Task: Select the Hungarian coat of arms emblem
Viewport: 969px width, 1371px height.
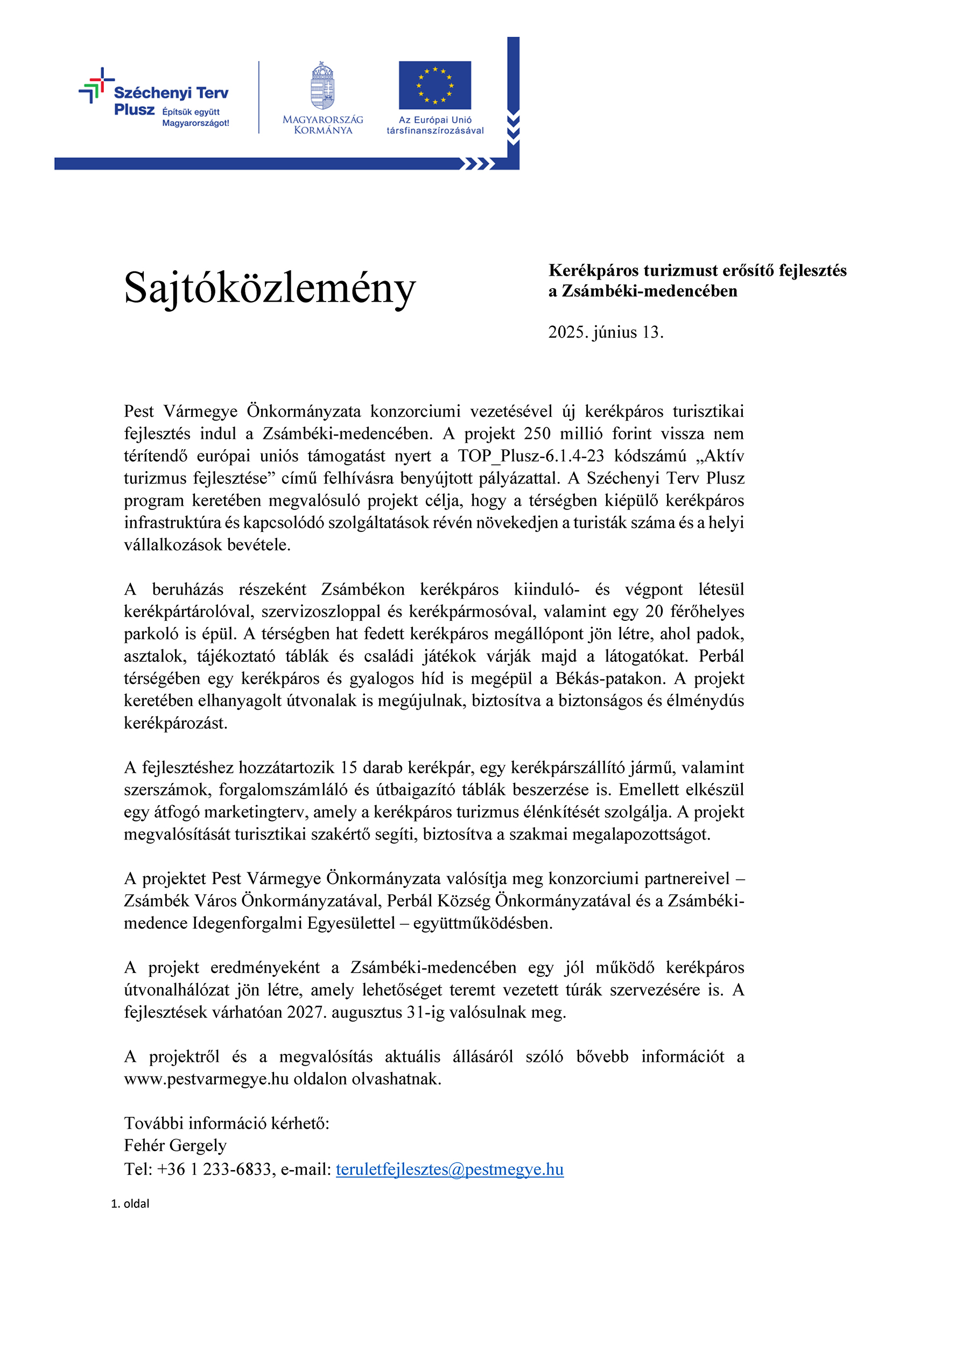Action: [322, 86]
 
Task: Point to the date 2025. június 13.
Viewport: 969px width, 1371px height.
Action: [606, 332]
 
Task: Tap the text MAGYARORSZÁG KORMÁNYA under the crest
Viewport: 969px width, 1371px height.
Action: [322, 125]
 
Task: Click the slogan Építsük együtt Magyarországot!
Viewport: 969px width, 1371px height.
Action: [195, 117]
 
